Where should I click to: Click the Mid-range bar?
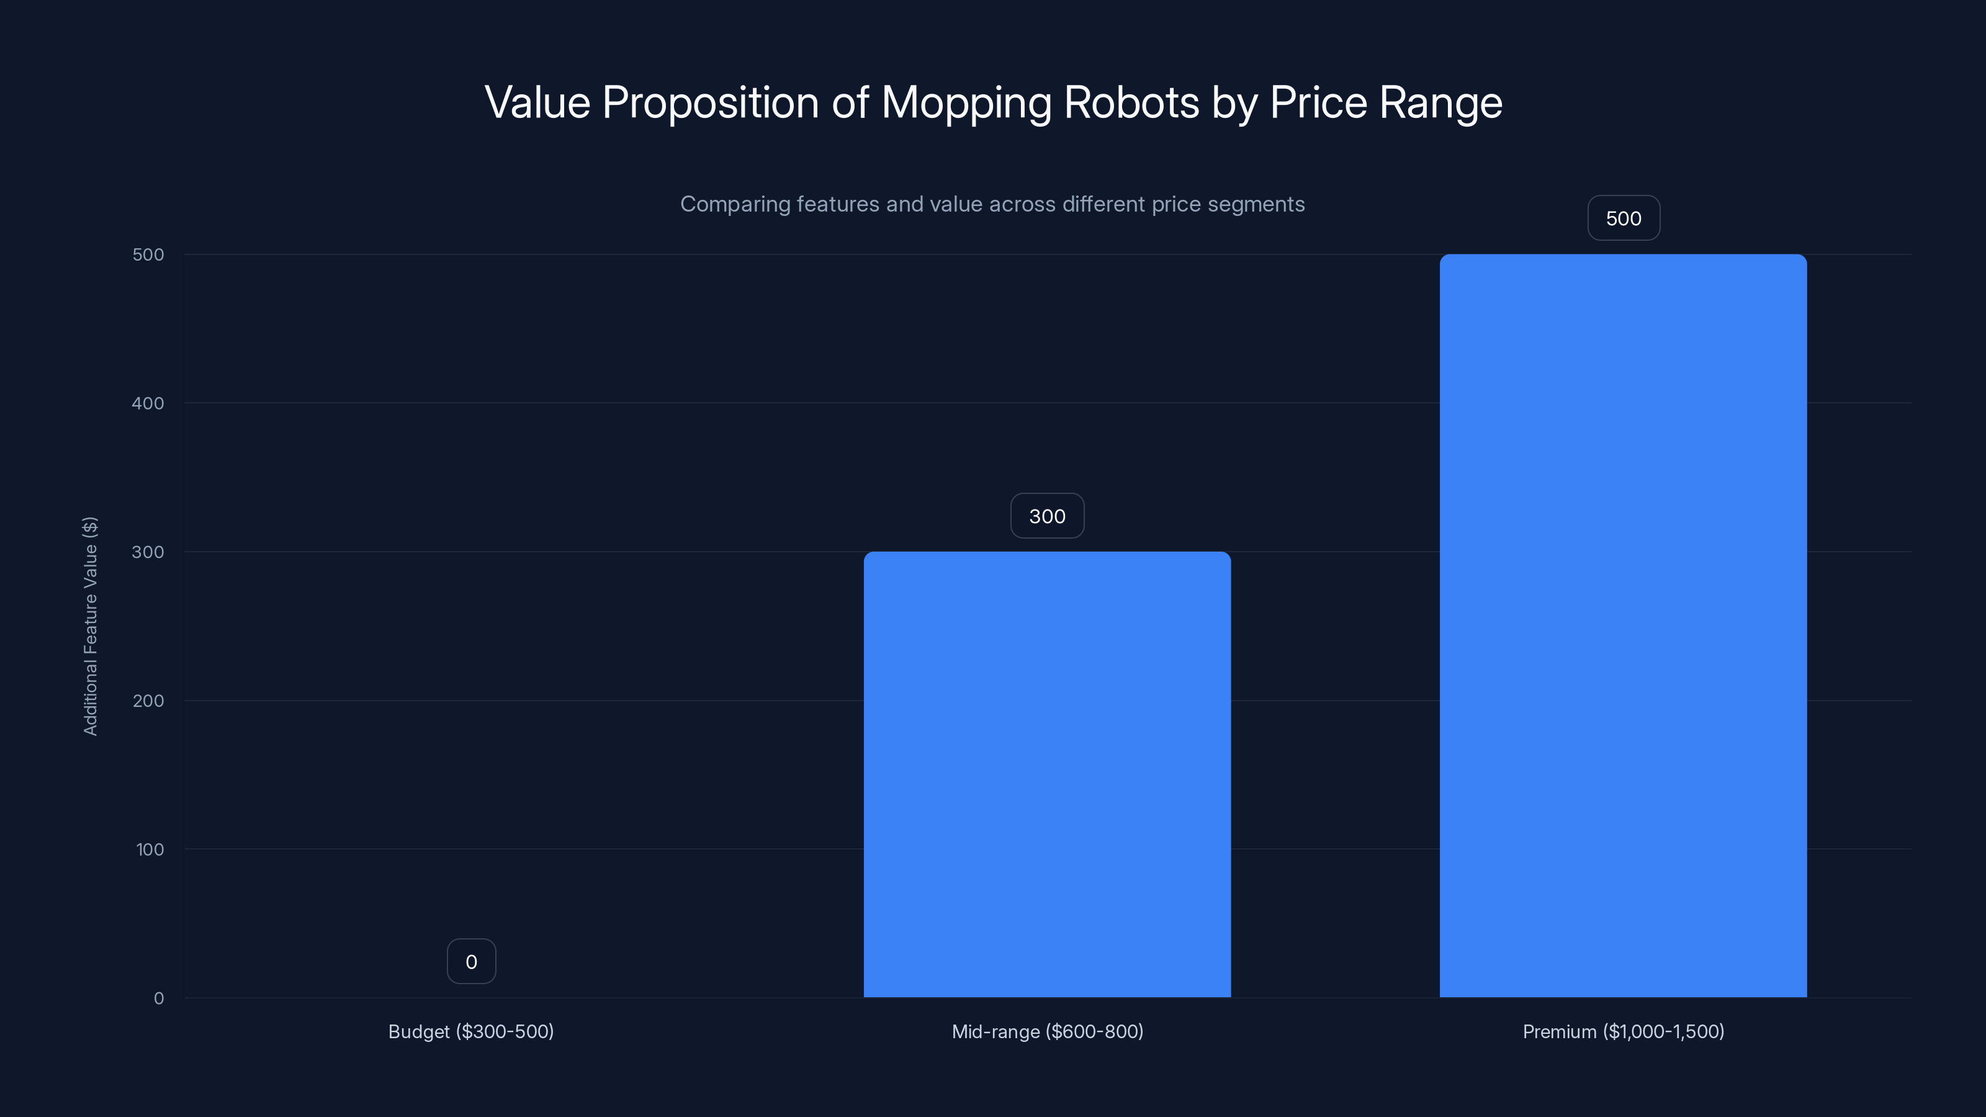[x=1047, y=774]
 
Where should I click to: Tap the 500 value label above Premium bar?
[x=1624, y=218]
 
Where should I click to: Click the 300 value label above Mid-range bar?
[x=1047, y=516]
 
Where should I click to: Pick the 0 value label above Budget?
[x=471, y=961]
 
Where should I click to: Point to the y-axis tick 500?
[x=148, y=254]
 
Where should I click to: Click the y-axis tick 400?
[x=148, y=403]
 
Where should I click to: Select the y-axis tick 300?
[x=148, y=552]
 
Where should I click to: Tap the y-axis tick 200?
[x=148, y=701]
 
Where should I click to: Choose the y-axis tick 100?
[x=150, y=850]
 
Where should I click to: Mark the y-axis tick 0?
[x=159, y=998]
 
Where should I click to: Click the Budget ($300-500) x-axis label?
[x=471, y=1031]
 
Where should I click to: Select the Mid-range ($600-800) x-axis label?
[x=1047, y=1031]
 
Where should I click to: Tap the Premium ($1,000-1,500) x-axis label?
[x=1623, y=1031]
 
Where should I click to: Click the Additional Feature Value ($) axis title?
[x=90, y=626]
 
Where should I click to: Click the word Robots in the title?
[x=1131, y=102]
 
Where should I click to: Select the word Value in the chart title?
[x=537, y=102]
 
